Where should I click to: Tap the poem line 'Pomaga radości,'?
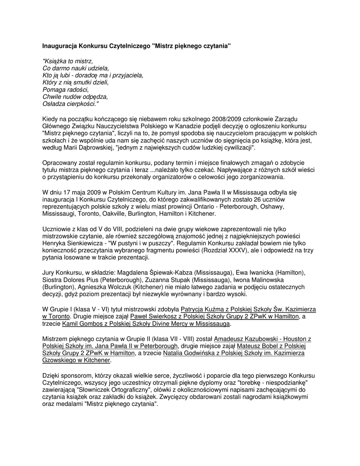[65, 90]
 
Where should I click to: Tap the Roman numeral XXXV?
[254, 250]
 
